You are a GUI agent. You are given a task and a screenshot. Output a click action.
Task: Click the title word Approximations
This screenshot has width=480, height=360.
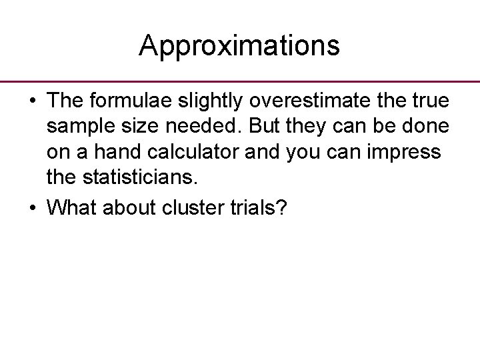(239, 46)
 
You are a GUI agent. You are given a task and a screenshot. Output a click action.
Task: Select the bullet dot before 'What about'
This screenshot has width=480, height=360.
(32, 209)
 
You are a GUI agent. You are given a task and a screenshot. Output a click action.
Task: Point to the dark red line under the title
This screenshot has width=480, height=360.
(240, 81)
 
